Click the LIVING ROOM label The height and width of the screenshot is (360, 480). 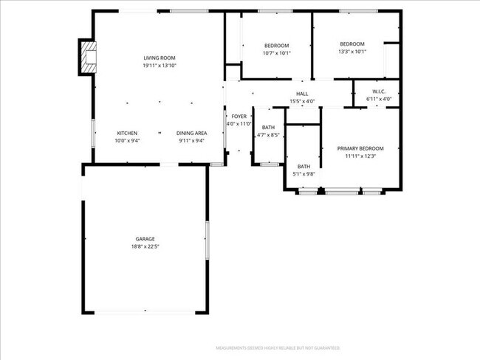click(x=159, y=58)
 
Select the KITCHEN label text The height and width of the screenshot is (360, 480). click(x=127, y=133)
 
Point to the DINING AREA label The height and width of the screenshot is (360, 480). click(x=191, y=133)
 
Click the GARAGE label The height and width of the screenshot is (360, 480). click(x=145, y=239)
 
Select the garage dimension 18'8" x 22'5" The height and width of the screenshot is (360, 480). click(x=145, y=246)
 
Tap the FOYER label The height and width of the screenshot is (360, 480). click(x=239, y=117)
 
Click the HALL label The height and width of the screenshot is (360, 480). click(x=302, y=94)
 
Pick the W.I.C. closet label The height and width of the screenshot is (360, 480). click(x=377, y=92)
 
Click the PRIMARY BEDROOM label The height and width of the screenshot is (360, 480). click(x=360, y=148)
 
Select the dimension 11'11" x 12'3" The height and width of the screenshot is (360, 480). click(x=360, y=156)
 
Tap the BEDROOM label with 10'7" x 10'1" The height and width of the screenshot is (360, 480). click(x=276, y=45)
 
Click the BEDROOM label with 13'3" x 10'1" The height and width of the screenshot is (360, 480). click(x=352, y=44)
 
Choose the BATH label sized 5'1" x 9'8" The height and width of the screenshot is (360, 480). click(x=304, y=167)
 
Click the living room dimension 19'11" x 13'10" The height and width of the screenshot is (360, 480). click(x=159, y=66)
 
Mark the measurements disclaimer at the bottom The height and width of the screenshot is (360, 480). click(x=278, y=347)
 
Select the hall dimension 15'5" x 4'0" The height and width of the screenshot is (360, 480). click(x=302, y=101)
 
